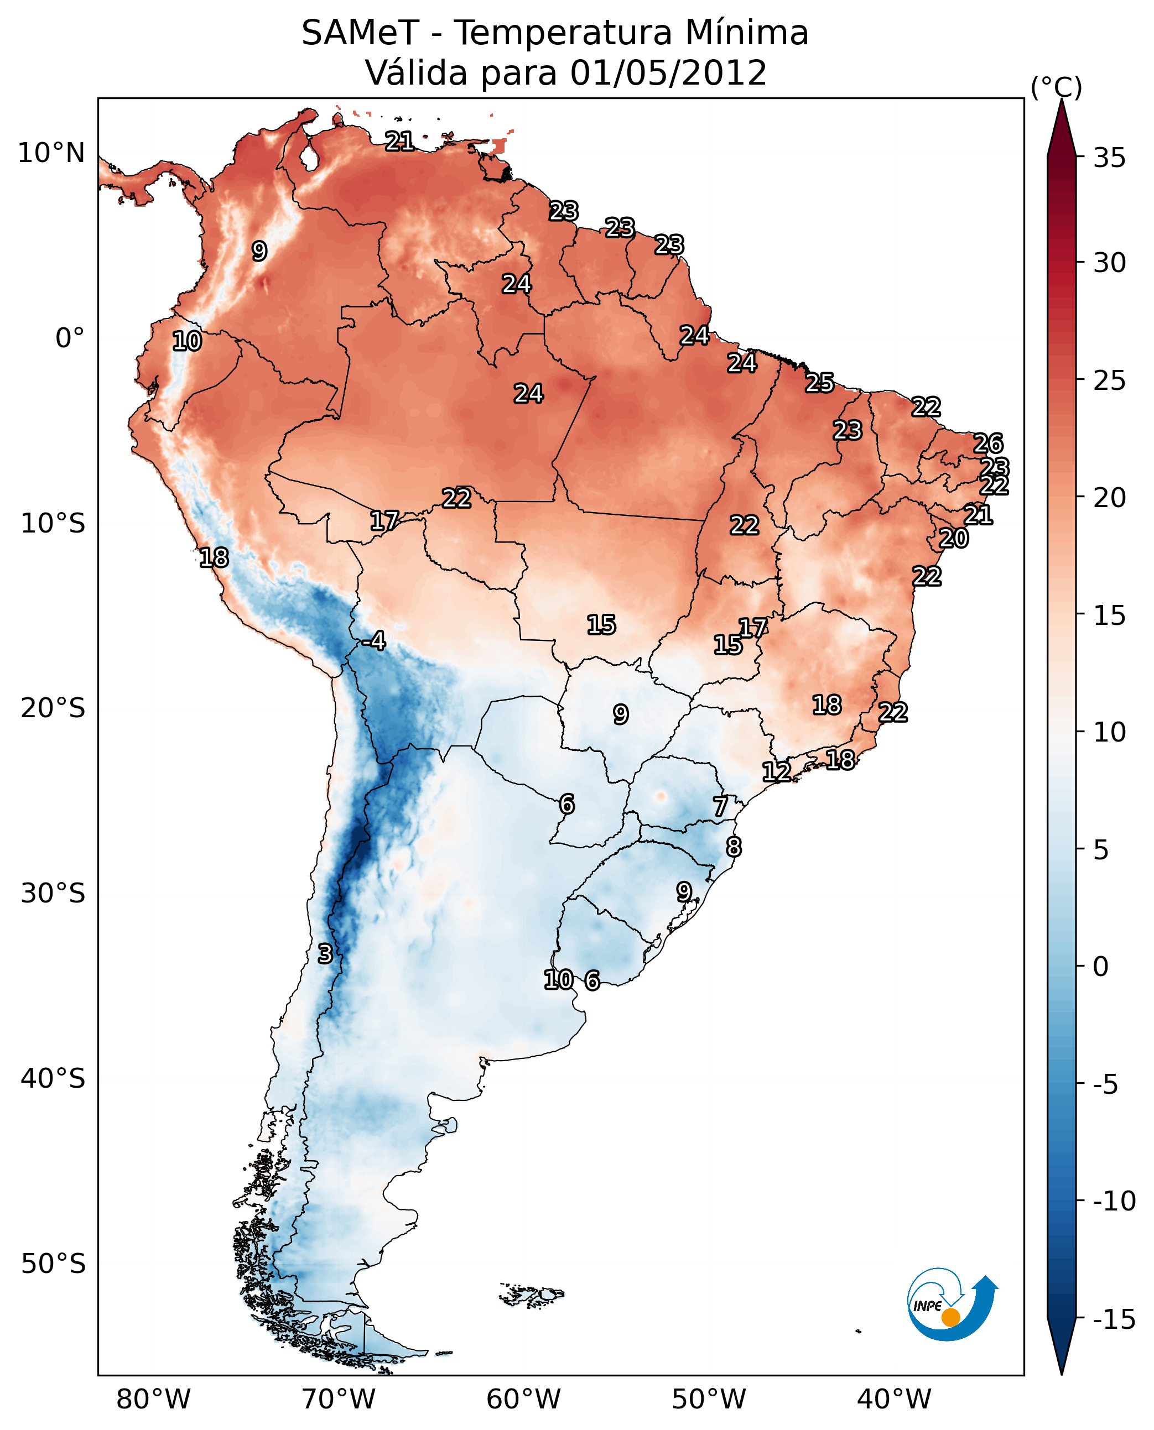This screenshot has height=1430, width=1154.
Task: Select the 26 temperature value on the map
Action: pos(988,443)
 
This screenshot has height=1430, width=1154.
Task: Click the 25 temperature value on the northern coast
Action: pos(820,383)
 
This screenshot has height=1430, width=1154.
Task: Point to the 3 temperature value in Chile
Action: pos(324,953)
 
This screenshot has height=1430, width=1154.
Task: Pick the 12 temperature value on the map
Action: pos(776,771)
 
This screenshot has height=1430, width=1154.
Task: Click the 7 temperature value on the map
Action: pos(720,807)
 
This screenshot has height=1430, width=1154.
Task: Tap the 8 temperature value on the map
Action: pos(733,847)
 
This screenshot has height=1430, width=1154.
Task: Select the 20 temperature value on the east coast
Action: pos(953,538)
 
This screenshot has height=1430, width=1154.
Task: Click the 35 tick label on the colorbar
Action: pos(1109,158)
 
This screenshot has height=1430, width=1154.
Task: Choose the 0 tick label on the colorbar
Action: pos(1101,967)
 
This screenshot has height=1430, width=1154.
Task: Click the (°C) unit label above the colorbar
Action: pos(1056,87)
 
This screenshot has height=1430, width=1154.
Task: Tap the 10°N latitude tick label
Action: pos(51,154)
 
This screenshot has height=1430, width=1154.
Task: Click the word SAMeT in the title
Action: pos(360,33)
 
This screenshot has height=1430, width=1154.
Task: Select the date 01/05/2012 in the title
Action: pos(669,73)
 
